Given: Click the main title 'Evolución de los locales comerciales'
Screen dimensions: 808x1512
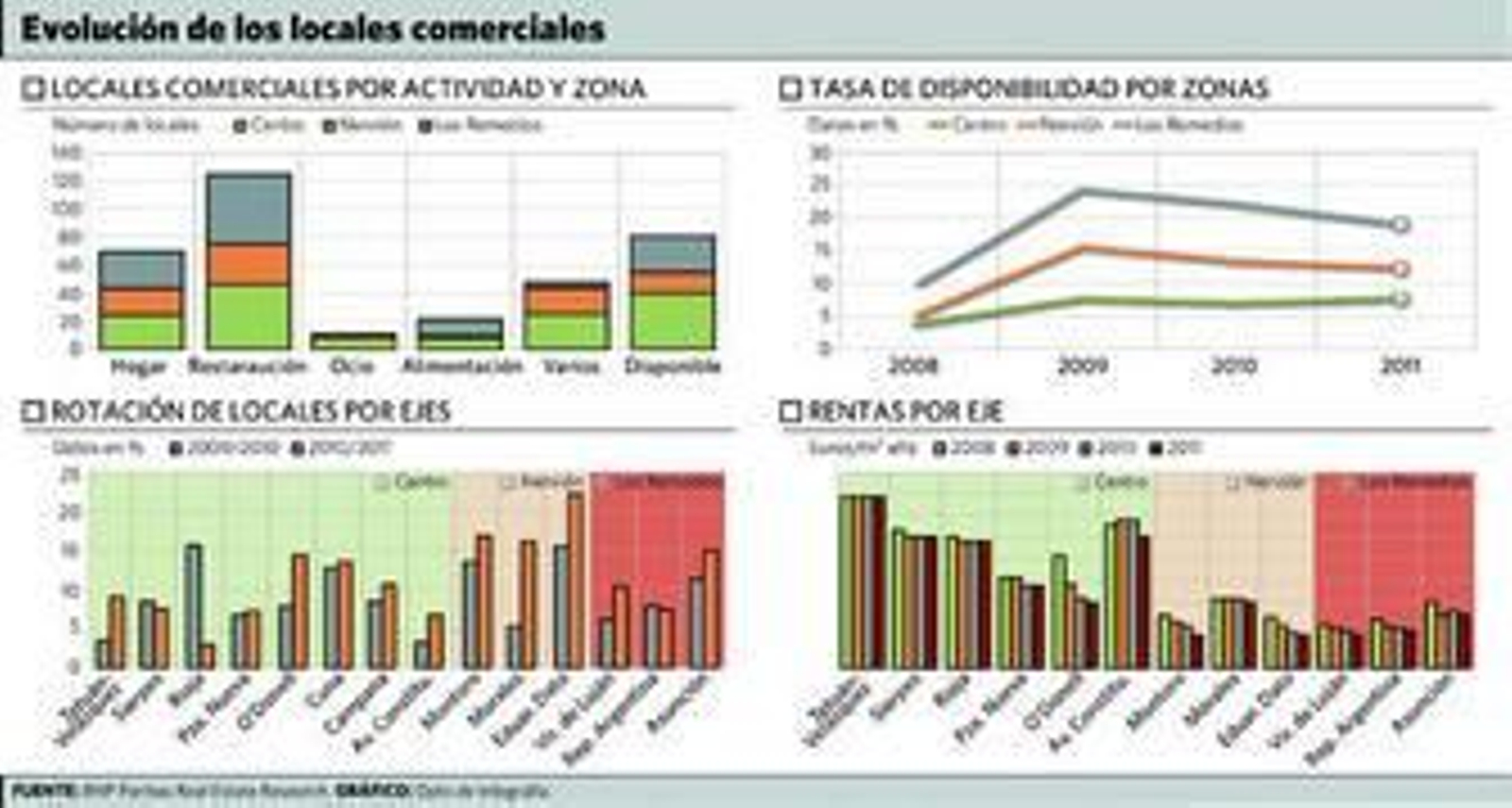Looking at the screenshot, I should click(313, 29).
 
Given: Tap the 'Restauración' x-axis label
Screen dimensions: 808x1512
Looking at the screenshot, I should click(248, 367).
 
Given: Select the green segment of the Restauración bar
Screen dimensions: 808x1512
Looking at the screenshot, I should click(249, 317).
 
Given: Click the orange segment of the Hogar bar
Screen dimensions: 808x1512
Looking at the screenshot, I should click(141, 302).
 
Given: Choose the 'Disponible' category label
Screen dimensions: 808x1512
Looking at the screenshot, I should click(672, 367).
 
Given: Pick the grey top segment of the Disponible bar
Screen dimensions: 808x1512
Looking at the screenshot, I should click(672, 252).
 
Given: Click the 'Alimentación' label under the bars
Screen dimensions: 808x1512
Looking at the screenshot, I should click(461, 367).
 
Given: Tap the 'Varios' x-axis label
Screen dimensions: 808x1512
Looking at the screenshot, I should click(571, 367).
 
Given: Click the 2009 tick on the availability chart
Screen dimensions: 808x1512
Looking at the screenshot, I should click(1082, 365).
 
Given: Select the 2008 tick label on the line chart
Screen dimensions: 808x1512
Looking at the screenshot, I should click(914, 365).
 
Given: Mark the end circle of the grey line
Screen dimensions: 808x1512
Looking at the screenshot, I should click(1400, 224).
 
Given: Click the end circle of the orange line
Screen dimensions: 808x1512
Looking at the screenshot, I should click(1400, 268).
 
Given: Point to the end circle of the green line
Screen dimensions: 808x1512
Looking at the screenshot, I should click(1400, 300).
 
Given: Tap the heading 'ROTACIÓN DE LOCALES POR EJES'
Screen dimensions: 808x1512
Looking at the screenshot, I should click(250, 411).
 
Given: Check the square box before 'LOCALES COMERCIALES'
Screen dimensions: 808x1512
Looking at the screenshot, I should click(33, 89).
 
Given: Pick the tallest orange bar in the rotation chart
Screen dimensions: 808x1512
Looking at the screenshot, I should click(575, 580).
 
